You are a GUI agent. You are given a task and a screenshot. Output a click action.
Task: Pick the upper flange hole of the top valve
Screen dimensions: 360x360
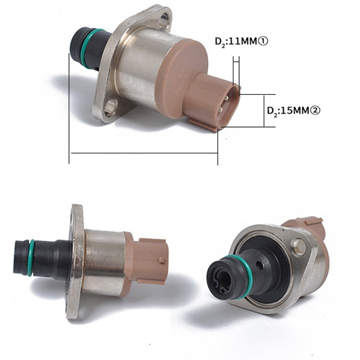pyautogui.click(x=164, y=20)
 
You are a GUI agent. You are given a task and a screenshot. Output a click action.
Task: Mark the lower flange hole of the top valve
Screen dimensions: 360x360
pyautogui.click(x=111, y=106)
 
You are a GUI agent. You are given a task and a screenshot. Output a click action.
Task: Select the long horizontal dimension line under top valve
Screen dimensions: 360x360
pyautogui.click(x=144, y=153)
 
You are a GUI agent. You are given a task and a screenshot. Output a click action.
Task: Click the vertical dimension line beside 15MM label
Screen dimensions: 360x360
pyautogui.click(x=264, y=111)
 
